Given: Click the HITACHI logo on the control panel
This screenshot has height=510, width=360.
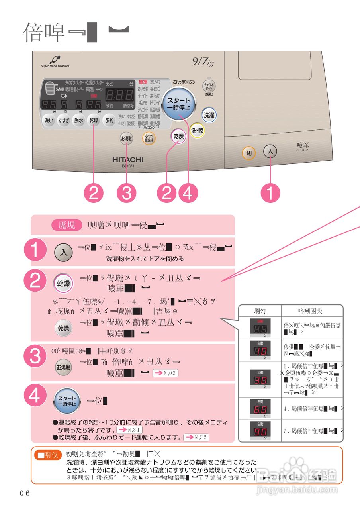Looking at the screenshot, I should point(127,159).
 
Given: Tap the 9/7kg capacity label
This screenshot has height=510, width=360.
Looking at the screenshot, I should point(203,62).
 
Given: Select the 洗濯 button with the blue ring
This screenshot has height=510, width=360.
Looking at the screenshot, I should point(209,115).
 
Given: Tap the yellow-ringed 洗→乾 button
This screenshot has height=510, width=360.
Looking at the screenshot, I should point(197,131).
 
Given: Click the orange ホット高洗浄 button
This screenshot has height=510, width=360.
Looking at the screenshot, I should point(149,138).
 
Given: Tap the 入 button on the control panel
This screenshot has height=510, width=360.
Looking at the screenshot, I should point(270,151).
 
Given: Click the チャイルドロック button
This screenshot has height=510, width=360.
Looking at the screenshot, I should point(209,85).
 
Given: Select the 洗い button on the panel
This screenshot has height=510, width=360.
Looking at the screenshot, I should point(49,121).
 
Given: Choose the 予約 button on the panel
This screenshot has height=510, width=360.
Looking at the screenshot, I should point(109,121).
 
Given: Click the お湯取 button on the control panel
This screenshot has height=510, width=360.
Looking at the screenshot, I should point(126,138).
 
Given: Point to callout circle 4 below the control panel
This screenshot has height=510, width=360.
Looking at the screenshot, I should point(188,194).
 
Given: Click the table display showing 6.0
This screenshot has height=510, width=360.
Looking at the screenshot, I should point(260,409).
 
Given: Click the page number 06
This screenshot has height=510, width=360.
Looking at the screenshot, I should point(25,493).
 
